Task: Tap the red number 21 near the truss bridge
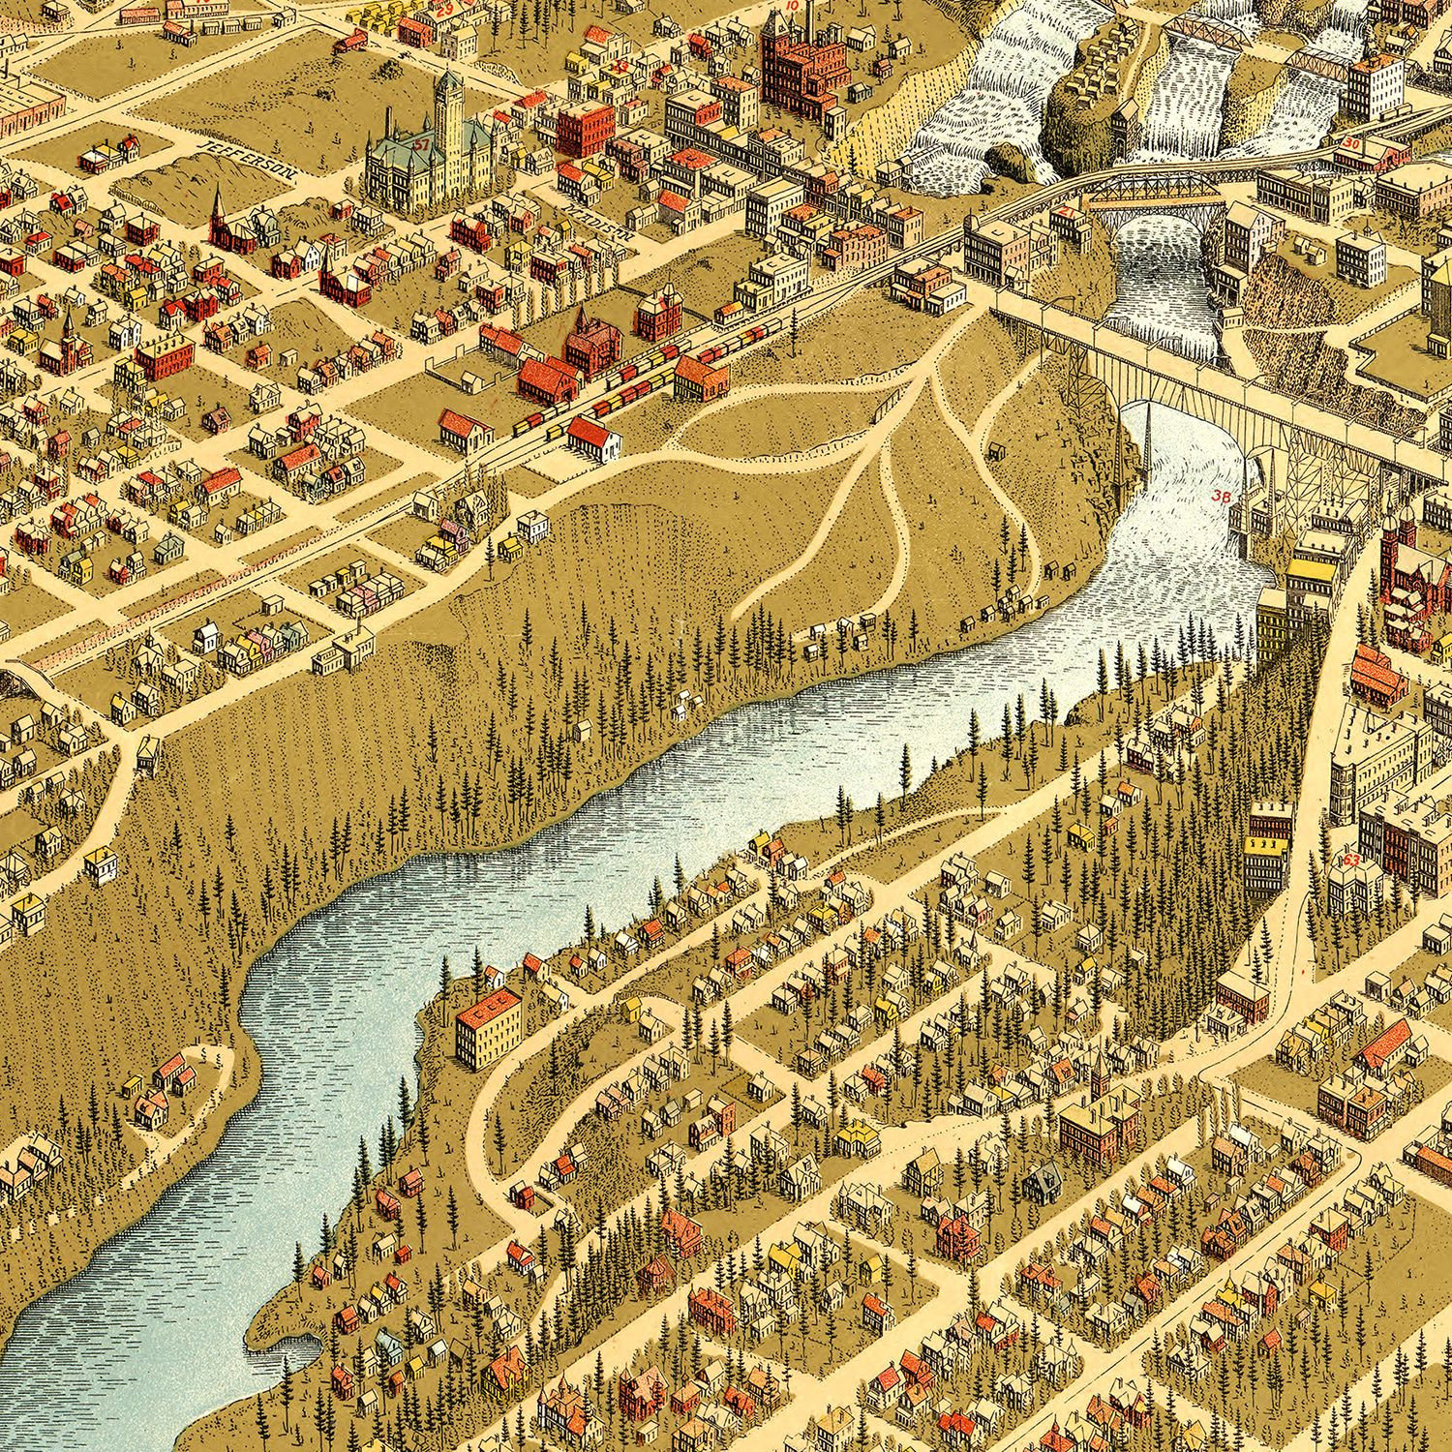[x=1065, y=211]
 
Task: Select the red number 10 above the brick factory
[x=792, y=6]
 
